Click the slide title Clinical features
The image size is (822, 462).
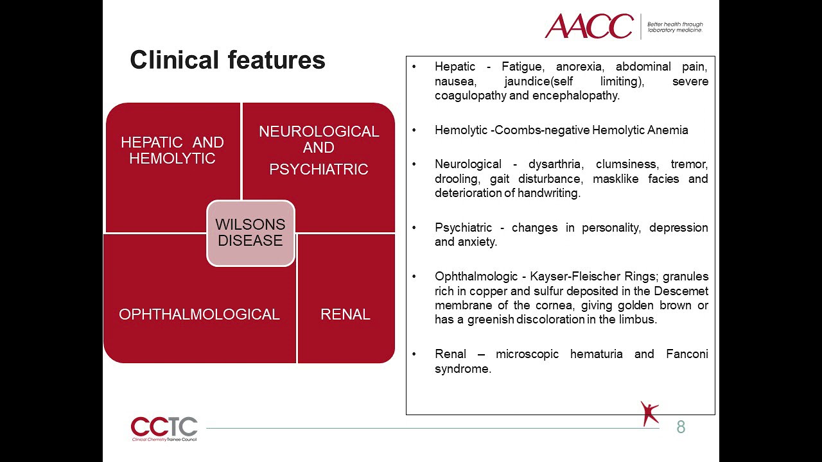[x=227, y=60]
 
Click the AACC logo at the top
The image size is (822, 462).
[x=589, y=26]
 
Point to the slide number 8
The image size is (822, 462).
[x=681, y=427]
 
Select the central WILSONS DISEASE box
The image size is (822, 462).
[x=250, y=233]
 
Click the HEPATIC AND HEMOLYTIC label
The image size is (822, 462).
[x=172, y=151]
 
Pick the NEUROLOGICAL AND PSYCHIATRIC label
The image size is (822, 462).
[x=319, y=150]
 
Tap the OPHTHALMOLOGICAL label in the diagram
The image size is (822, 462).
[x=199, y=314]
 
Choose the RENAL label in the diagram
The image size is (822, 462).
[x=345, y=314]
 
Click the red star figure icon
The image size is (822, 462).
[x=649, y=413]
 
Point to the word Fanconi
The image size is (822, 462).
[x=687, y=354]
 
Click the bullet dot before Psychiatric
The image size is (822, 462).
[x=415, y=228]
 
